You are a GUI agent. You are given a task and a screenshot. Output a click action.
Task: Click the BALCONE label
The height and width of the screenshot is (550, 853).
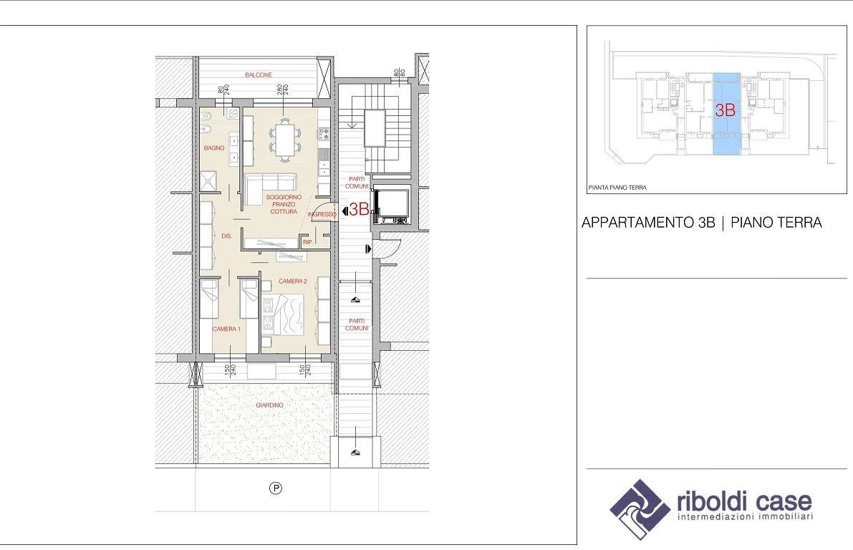(259, 75)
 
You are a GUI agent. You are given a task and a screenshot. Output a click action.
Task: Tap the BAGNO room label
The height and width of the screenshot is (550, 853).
(214, 148)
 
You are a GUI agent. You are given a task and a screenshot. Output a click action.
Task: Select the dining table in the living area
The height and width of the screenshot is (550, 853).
(284, 140)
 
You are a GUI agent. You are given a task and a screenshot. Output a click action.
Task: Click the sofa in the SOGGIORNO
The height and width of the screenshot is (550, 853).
(269, 188)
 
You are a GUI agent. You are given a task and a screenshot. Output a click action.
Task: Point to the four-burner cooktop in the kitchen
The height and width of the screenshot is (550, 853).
(323, 133)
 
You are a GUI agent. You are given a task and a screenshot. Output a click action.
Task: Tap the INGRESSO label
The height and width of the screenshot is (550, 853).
(322, 214)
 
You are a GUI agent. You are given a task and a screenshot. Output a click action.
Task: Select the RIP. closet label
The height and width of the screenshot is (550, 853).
(307, 242)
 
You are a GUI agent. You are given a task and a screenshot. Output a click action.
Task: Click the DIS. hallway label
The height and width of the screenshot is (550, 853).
(226, 236)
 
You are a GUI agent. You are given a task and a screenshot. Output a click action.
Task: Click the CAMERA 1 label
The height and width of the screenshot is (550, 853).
(226, 329)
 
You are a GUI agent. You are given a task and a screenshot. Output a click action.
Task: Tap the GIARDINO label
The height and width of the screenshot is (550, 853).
(270, 405)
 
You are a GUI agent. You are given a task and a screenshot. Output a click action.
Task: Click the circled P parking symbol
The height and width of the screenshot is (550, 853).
(276, 488)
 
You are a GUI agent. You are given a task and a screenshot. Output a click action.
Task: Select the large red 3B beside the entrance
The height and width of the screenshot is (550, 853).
(359, 209)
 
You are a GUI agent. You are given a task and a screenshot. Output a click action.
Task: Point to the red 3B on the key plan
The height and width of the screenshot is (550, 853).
(726, 110)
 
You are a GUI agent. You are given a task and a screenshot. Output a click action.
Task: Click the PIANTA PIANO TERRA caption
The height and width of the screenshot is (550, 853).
(617, 188)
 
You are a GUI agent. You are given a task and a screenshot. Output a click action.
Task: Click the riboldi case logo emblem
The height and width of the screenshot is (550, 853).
(640, 508)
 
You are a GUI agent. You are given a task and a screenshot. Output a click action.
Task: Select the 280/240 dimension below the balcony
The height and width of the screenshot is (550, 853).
(281, 89)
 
